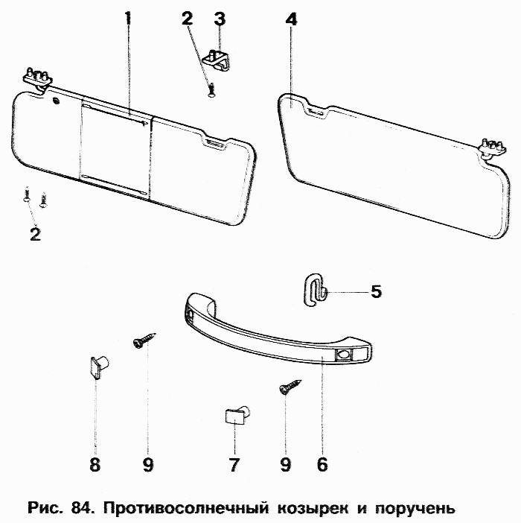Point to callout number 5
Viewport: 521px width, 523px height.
point(376,291)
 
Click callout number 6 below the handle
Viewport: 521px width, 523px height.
point(322,464)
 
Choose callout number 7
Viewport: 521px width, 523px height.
point(234,465)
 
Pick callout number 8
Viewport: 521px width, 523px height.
point(95,465)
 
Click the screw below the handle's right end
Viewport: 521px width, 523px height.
point(287,387)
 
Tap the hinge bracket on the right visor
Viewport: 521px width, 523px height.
point(488,147)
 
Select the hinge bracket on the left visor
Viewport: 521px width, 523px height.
point(37,76)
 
